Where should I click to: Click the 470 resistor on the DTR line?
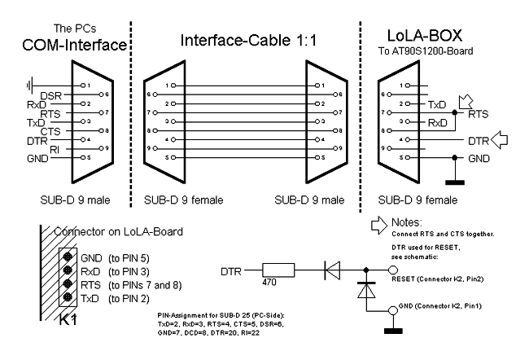pos(278,270)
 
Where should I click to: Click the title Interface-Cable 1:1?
pos(249,40)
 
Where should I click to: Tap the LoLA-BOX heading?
pos(424,36)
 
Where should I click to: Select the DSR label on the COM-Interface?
pos(51,96)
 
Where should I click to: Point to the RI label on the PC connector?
pos(55,150)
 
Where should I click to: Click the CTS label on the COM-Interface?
pos(50,131)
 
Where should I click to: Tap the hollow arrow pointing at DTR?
pos(499,140)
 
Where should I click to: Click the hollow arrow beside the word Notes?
pos(379,226)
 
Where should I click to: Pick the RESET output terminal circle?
pos(393,270)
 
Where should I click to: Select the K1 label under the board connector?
pos(68,319)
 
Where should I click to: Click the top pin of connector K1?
pos(68,257)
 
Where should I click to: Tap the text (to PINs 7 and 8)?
pos(145,285)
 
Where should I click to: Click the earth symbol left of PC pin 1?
pos(29,85)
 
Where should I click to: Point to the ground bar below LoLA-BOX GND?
pos(455,182)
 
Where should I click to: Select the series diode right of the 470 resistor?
pos(332,270)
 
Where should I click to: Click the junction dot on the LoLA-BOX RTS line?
pos(455,112)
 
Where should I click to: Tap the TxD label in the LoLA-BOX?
pos(437,105)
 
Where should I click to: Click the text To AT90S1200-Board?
pos(426,51)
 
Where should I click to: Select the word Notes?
pos(407,222)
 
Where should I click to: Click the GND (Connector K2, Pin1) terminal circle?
pos(393,310)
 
